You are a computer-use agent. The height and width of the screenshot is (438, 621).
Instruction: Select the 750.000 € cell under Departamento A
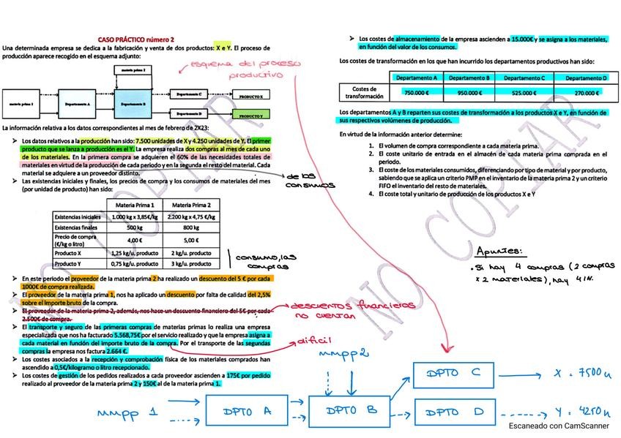point(416,93)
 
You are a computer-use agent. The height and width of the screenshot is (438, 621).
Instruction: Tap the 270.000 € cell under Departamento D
point(584,93)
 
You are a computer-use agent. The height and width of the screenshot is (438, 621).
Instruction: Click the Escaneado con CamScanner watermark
point(559,425)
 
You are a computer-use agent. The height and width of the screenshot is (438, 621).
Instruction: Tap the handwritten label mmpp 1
point(127,413)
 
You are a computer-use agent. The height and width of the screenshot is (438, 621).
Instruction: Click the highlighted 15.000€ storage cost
point(521,38)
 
